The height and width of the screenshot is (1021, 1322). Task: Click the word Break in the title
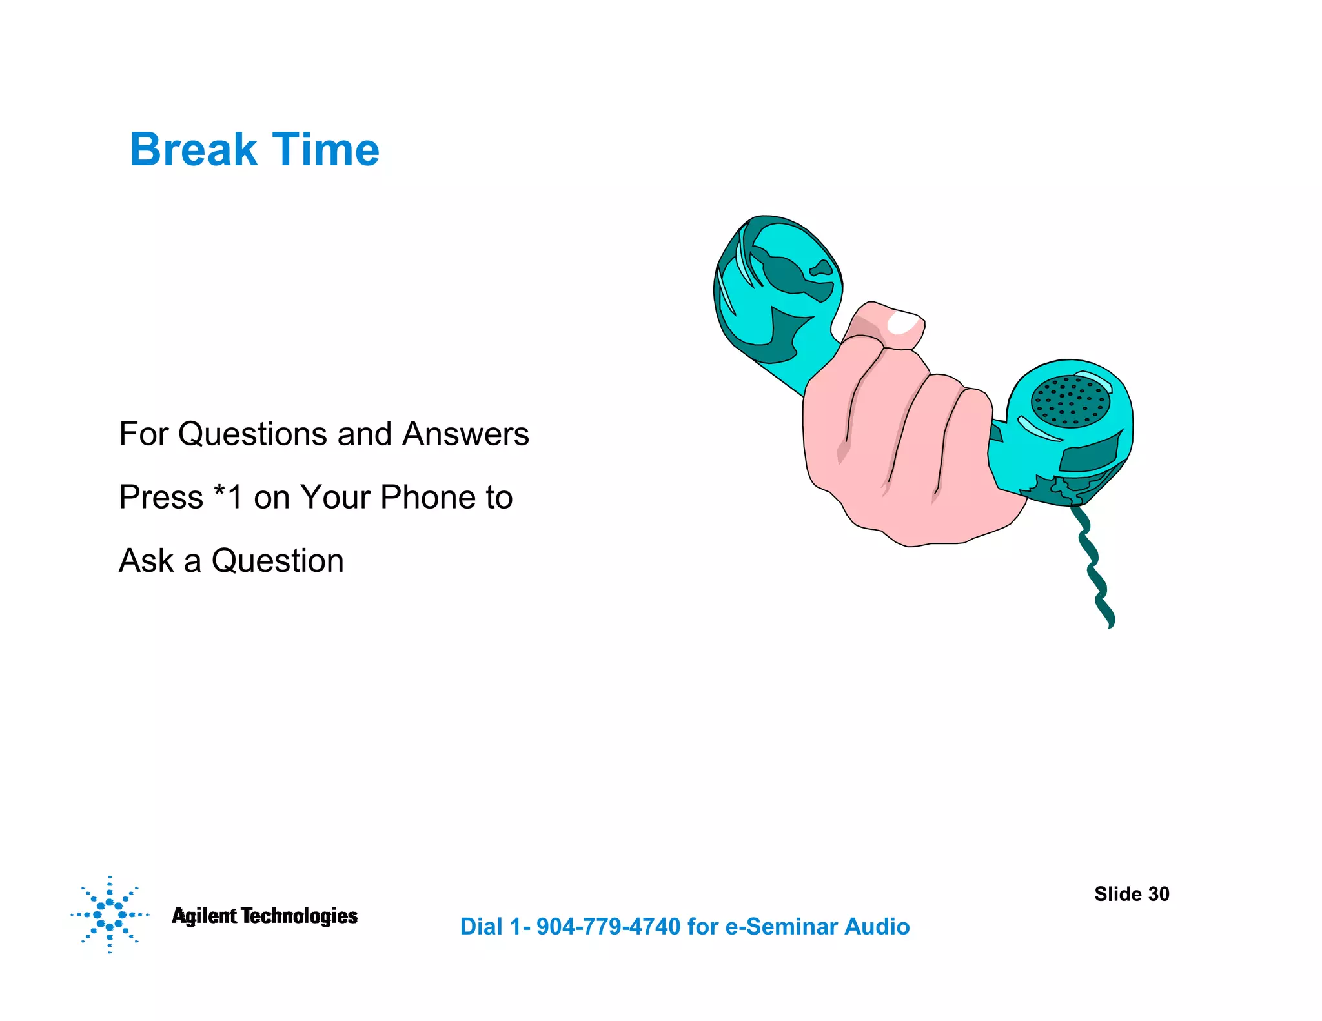(x=193, y=150)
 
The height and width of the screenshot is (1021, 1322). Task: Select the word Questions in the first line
(x=253, y=434)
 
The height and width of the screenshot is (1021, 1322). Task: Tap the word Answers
(x=465, y=434)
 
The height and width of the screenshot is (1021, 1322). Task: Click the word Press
(x=161, y=497)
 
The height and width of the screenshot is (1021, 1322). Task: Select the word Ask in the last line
(x=147, y=560)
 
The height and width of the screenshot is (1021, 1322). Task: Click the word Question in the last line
(x=278, y=560)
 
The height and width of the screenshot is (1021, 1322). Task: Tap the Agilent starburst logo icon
(x=110, y=915)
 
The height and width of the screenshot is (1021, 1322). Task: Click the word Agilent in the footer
(x=204, y=916)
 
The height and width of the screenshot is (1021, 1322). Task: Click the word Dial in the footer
(x=481, y=927)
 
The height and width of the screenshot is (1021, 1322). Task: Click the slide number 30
(x=1159, y=894)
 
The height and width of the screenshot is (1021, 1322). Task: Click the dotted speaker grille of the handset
(x=1070, y=401)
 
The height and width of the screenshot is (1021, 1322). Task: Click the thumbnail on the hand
(x=905, y=323)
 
